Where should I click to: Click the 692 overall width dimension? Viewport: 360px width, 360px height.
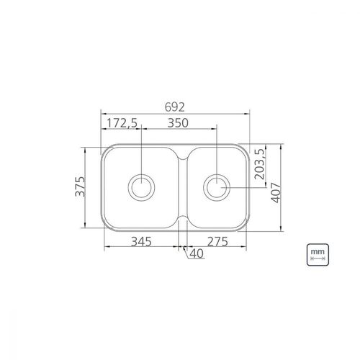pyautogui.click(x=175, y=107)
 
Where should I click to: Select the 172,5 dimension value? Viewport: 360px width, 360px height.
pyautogui.click(x=122, y=123)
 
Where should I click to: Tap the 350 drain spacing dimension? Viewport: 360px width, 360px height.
pyautogui.click(x=178, y=123)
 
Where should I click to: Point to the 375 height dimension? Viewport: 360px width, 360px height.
pyautogui.click(x=80, y=186)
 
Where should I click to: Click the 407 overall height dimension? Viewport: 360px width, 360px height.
pyautogui.click(x=276, y=193)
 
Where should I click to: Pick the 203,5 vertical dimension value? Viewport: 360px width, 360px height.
pyautogui.click(x=259, y=164)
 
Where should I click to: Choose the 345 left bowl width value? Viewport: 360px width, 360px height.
pyautogui.click(x=141, y=241)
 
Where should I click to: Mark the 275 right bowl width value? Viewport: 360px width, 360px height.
pyautogui.click(x=217, y=241)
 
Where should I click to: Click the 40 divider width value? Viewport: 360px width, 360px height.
pyautogui.click(x=197, y=253)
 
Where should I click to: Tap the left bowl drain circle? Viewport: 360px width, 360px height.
pyautogui.click(x=141, y=174)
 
